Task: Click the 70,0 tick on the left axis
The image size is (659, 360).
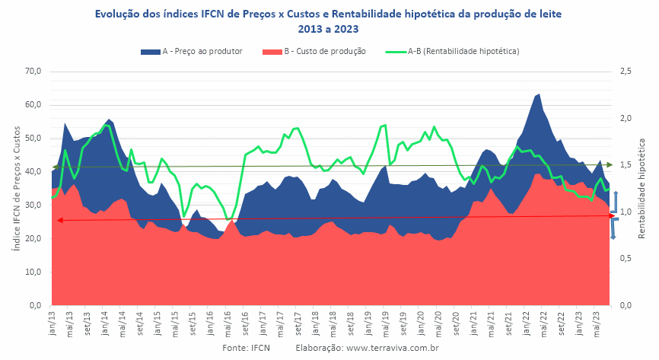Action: click(x=33, y=71)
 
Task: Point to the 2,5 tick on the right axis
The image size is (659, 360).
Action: click(x=626, y=71)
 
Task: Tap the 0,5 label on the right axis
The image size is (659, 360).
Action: click(x=626, y=258)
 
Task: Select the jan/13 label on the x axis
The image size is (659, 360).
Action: click(x=53, y=323)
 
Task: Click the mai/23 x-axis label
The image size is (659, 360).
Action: click(x=596, y=323)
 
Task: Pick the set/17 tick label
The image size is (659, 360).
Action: click(x=298, y=323)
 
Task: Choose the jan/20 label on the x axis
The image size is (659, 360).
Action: click(x=420, y=323)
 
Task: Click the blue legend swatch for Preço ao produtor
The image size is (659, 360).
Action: click(x=150, y=52)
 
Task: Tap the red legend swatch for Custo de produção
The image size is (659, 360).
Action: click(x=272, y=52)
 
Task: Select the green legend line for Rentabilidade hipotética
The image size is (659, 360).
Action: click(x=396, y=52)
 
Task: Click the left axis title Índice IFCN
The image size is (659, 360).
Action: click(x=17, y=189)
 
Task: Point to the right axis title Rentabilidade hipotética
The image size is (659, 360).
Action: click(x=641, y=189)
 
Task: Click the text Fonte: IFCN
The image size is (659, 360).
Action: click(x=247, y=348)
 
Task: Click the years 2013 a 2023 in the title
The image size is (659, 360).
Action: click(x=328, y=29)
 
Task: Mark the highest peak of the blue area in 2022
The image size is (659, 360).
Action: click(x=540, y=94)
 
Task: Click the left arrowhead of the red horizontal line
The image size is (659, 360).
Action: click(x=59, y=220)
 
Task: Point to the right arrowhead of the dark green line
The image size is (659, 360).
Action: click(x=610, y=165)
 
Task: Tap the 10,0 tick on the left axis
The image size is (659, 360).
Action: click(x=33, y=272)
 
